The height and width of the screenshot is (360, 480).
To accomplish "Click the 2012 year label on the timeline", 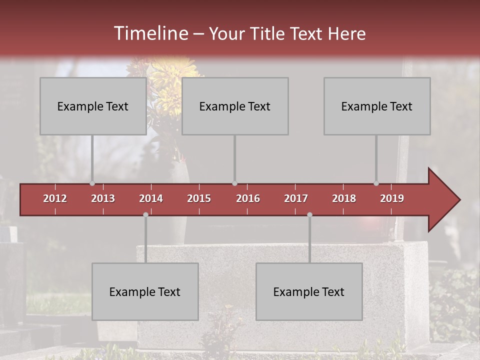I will tap(55, 198).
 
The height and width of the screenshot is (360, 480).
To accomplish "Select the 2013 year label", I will tap(103, 198).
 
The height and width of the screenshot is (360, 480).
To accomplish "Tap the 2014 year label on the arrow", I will tap(151, 198).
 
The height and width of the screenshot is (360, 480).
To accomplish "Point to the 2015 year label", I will tap(199, 198).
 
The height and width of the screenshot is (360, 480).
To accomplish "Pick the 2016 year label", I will tap(248, 198).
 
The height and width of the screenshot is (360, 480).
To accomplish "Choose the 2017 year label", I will tap(296, 198).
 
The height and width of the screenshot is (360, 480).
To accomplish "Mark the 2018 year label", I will tap(344, 198).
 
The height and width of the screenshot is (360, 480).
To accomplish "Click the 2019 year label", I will tap(392, 198).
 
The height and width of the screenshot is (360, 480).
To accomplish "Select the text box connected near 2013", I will tap(93, 106).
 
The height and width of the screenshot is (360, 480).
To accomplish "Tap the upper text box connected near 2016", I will tap(235, 106).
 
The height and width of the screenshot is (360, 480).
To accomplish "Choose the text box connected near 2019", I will tap(377, 106).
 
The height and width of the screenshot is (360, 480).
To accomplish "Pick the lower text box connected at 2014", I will tap(145, 291).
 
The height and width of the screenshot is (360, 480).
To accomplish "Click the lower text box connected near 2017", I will tap(309, 291).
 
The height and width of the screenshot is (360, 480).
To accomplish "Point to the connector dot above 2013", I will tap(92, 183).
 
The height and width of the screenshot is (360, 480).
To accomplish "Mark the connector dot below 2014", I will tap(145, 214).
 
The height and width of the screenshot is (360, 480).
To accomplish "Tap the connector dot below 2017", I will tap(309, 214).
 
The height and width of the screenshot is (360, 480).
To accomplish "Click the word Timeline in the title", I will tap(150, 33).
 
